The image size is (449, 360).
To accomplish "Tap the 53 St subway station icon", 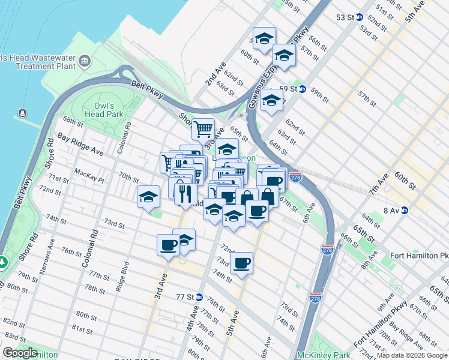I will click(360, 17).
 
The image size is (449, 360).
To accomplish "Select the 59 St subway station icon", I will click(303, 89).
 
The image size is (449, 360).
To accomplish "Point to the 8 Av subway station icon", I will click(405, 210).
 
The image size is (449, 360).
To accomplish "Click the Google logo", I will click(20, 353).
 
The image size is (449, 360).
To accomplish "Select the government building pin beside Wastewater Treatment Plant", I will click(84, 61).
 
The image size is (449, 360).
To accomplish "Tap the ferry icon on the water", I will click(23, 113).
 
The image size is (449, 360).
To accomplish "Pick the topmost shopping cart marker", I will click(203, 128).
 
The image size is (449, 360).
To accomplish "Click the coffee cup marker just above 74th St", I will click(241, 263).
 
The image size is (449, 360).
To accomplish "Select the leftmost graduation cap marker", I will click(148, 197).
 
